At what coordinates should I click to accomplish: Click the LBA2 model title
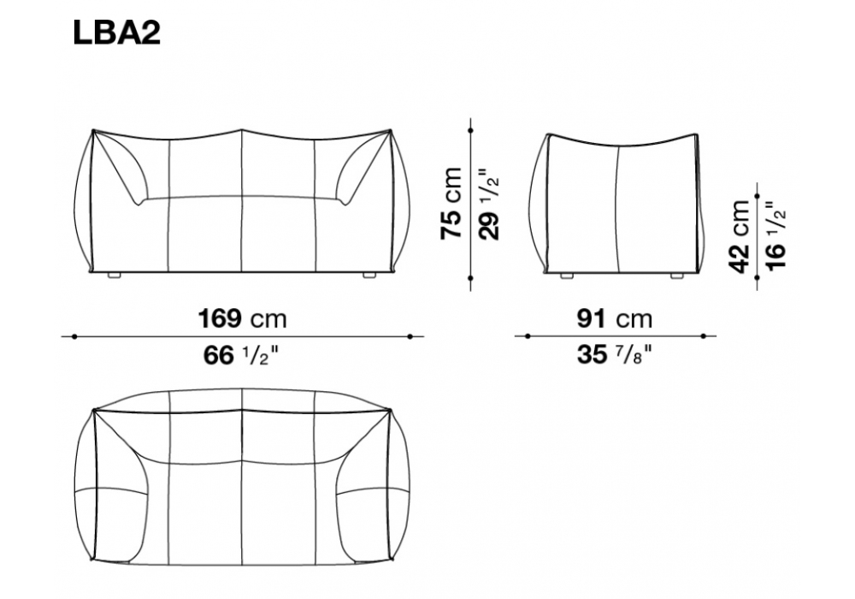coord(116,33)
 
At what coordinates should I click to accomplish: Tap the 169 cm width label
coord(242,318)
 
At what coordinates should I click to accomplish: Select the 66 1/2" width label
coord(241,356)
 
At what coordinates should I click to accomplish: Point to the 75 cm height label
coord(451,204)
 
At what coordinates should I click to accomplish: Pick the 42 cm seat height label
coord(740,236)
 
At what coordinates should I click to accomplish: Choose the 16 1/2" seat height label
coord(776,235)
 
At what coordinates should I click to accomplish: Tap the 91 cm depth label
coord(615,318)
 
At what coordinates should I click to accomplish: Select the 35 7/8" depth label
coord(615,355)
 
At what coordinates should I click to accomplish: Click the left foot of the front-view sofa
coord(114,276)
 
